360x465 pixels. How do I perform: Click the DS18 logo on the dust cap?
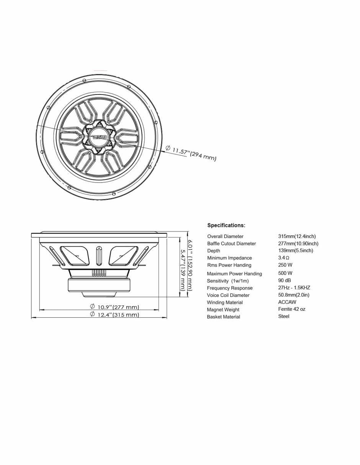[x=99, y=137]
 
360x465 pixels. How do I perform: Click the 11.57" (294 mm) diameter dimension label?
[x=191, y=153]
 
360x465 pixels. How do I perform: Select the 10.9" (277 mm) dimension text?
[x=115, y=307]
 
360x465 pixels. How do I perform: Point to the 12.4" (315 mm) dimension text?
[x=115, y=315]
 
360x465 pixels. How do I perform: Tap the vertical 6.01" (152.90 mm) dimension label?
[x=190, y=265]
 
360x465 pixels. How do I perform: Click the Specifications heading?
[x=226, y=225]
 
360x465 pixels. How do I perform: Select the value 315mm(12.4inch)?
[x=297, y=236]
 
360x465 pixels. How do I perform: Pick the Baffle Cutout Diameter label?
[x=231, y=243]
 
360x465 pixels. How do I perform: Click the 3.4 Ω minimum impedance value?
[x=283, y=258]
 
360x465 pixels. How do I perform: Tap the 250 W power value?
[x=285, y=265]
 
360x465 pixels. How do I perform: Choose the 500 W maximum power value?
[x=285, y=273]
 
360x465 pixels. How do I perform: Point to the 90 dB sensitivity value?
[x=285, y=280]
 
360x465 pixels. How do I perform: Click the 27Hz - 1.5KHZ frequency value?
[x=294, y=287]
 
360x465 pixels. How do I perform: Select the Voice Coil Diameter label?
[x=228, y=295]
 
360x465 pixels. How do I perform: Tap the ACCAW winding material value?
[x=287, y=302]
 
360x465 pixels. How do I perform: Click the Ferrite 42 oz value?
[x=292, y=309]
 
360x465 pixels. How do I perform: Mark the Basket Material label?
[x=223, y=317]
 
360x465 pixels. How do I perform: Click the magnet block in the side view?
[x=99, y=285]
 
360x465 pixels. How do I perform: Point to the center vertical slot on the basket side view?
[x=99, y=256]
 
